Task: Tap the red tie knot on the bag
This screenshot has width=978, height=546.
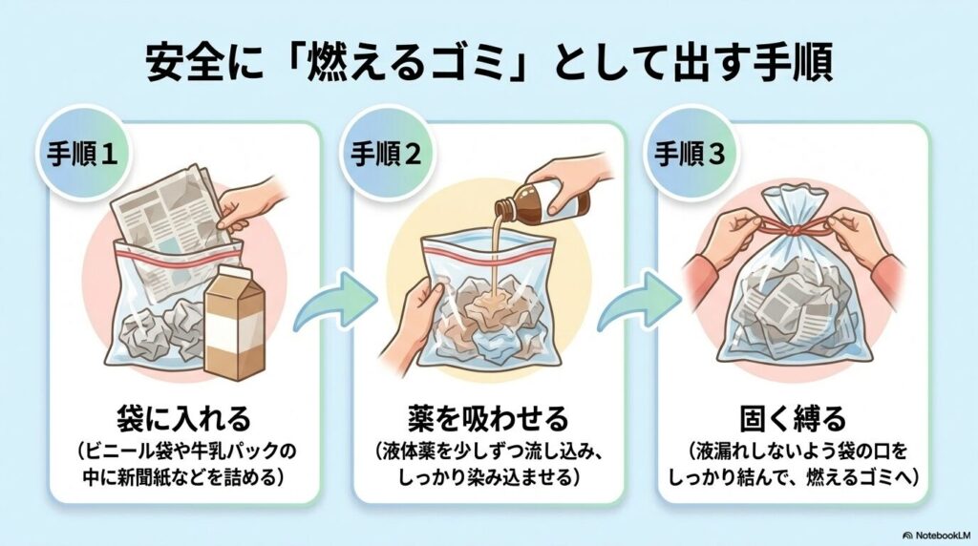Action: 792,230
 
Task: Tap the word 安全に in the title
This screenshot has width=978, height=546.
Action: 192,64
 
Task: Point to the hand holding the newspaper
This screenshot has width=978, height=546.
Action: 250,200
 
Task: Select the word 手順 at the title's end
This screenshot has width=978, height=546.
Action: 794,64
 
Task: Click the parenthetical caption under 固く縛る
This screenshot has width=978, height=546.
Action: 793,465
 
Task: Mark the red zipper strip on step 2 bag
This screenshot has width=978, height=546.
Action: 487,251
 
